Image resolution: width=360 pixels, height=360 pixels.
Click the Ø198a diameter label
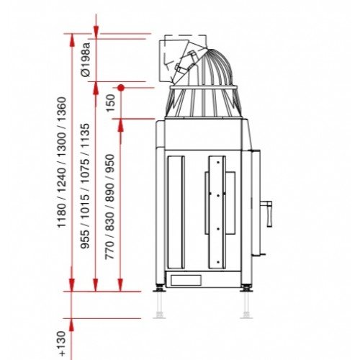[x=86, y=60]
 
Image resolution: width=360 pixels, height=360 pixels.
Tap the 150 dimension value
[x=111, y=103]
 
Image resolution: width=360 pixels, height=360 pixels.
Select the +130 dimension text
[x=62, y=343]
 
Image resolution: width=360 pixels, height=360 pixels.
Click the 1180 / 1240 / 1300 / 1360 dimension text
[x=61, y=162]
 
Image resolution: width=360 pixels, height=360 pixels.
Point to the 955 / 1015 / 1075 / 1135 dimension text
[x=85, y=186]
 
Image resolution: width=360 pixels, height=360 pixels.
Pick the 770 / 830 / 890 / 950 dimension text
[x=110, y=207]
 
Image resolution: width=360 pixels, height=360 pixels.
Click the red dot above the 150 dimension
[x=121, y=88]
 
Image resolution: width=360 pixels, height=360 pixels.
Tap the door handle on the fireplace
[x=267, y=214]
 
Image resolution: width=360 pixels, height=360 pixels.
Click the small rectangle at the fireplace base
[x=186, y=280]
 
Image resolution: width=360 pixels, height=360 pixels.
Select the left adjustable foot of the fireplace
[x=159, y=288]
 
